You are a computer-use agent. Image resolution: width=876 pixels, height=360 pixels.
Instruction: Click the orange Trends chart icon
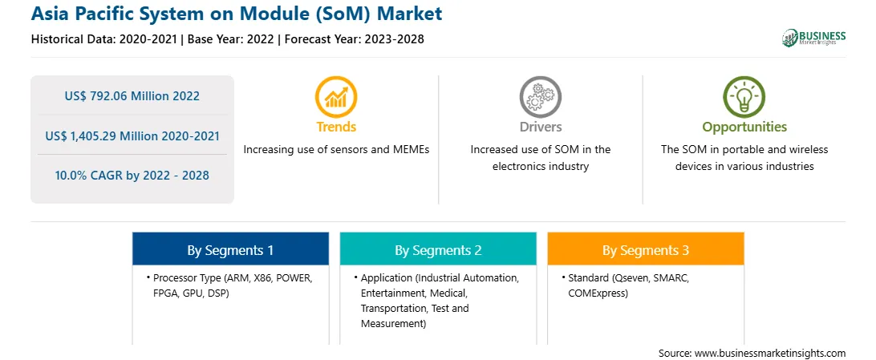tap(336, 97)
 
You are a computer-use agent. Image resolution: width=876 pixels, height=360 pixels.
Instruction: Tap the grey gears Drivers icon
tap(540, 97)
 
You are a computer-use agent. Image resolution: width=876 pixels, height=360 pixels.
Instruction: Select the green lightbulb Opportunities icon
tap(744, 97)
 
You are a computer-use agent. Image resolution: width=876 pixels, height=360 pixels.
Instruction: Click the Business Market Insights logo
tap(814, 38)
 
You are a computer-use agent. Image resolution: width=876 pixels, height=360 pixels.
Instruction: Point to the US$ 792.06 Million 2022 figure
tap(132, 96)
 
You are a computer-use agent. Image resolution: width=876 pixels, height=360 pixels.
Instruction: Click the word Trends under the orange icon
tap(336, 127)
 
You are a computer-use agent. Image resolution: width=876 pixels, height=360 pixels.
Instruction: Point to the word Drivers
tap(540, 127)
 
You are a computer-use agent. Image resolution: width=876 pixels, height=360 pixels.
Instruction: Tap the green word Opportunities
tap(744, 127)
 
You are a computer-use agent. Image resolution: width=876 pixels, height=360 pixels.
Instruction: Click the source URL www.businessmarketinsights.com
tap(770, 354)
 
